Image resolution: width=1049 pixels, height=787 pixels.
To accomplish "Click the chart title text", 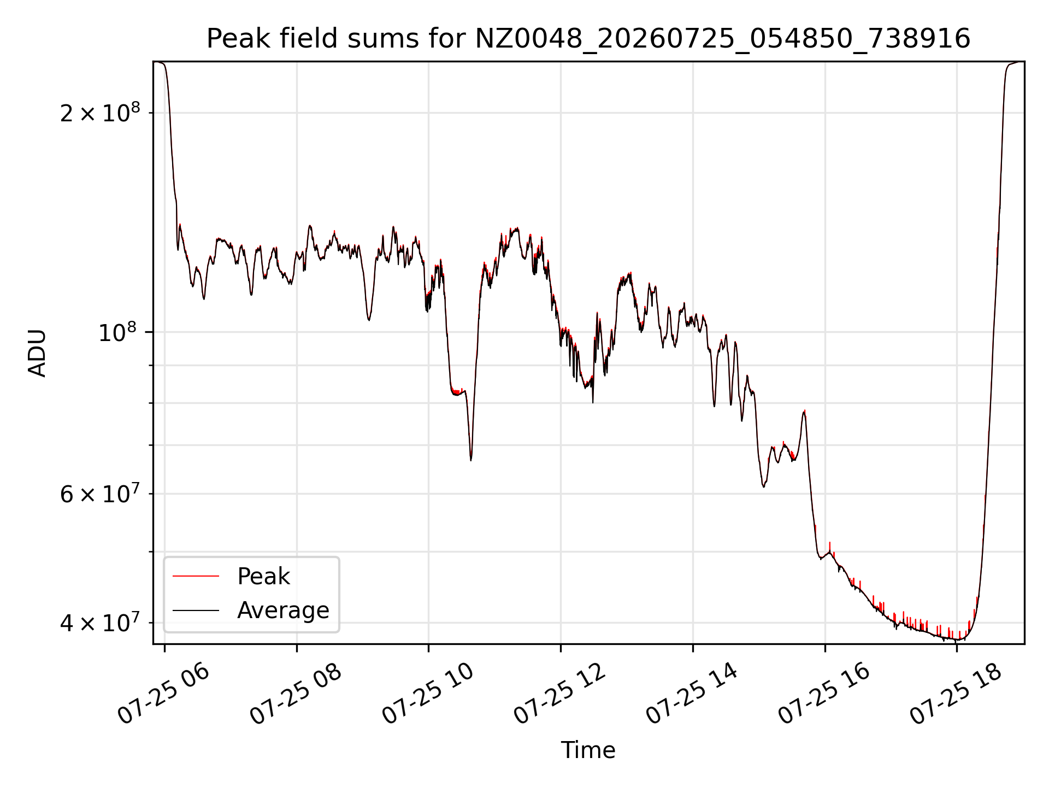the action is pyautogui.click(x=588, y=38).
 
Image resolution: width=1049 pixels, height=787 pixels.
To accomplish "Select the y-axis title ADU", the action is pyautogui.click(x=37, y=353).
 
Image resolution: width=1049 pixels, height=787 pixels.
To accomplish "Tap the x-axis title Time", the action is pyautogui.click(x=588, y=750).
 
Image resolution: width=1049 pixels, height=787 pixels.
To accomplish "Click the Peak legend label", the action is pyautogui.click(x=263, y=576).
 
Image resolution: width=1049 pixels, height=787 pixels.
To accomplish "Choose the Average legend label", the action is pyautogui.click(x=283, y=610).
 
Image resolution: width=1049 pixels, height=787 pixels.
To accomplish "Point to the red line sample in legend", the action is pyautogui.click(x=196, y=576).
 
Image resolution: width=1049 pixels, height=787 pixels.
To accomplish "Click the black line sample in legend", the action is pyautogui.click(x=196, y=610).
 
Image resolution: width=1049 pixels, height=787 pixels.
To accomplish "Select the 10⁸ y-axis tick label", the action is pyautogui.click(x=119, y=331).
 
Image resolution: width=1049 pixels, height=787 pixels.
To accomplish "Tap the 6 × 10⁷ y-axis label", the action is pyautogui.click(x=100, y=493).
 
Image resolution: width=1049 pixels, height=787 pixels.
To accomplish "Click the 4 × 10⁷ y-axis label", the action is pyautogui.click(x=100, y=622).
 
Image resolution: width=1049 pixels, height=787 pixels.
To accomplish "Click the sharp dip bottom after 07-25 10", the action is pyautogui.click(x=471, y=460).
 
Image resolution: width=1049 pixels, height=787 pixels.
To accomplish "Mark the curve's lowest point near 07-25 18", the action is pyautogui.click(x=958, y=639).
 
